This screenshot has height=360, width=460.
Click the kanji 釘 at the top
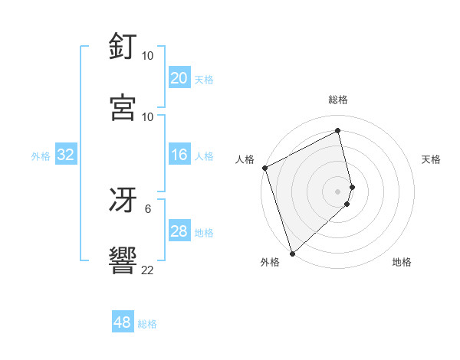point(123,47)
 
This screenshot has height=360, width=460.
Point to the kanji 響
point(123,262)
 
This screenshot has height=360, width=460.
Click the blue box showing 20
point(179,78)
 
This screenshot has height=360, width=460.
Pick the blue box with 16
point(179,155)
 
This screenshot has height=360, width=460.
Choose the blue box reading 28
point(179,232)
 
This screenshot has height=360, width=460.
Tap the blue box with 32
point(66,155)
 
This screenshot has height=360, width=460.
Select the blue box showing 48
point(123,323)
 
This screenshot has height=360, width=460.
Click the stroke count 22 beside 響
point(147,270)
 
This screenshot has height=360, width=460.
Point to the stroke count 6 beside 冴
point(147,208)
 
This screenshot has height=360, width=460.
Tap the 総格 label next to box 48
point(147,324)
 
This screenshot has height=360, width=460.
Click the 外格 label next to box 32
point(41,156)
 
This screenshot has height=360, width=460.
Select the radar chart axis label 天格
point(432,159)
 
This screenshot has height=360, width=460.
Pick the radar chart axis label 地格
point(402,262)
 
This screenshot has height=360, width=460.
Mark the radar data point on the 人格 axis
point(264,168)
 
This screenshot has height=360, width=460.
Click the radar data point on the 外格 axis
point(291,253)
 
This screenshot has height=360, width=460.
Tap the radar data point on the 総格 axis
point(338,131)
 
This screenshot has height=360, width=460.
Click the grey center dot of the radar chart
point(338,191)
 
